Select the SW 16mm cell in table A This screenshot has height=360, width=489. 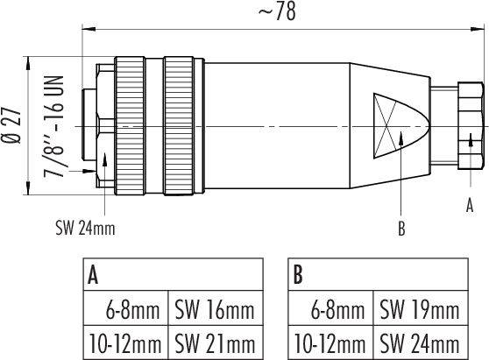pos(216,309)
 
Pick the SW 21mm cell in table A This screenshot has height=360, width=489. pos(216,342)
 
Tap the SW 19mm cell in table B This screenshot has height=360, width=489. pos(419,309)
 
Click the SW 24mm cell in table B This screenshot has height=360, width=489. pos(419,342)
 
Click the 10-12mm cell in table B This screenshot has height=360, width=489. pos(329,342)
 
